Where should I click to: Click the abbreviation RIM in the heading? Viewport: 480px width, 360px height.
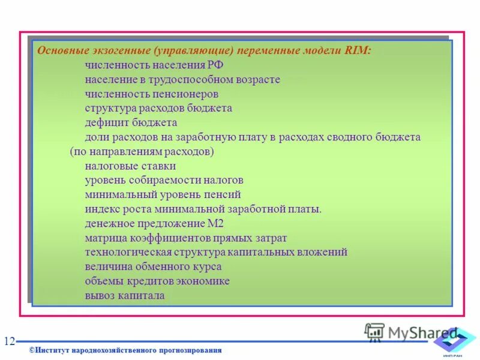358,52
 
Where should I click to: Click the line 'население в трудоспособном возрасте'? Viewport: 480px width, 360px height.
182,80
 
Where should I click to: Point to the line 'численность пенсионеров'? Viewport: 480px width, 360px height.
151,94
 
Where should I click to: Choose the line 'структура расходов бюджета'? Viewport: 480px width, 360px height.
158,109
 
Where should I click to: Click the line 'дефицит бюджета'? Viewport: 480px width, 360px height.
131,123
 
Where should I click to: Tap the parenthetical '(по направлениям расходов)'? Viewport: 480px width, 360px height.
142,152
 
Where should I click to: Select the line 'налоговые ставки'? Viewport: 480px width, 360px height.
130,166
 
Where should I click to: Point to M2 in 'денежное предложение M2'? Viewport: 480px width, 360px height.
215,224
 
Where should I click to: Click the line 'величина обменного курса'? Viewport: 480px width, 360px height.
153,267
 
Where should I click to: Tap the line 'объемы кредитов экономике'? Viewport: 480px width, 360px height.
157,281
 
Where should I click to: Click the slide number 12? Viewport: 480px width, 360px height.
9,341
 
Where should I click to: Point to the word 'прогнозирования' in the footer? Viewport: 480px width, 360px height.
191,350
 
